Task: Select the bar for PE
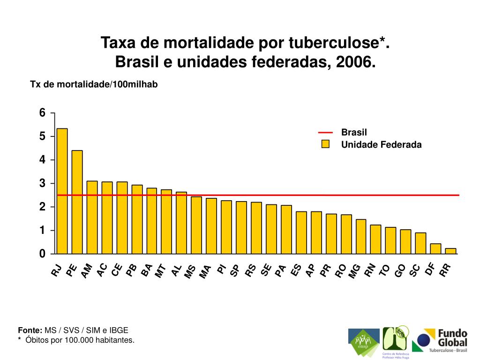pos(77,202)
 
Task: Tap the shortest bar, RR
pos(450,251)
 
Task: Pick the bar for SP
pos(241,228)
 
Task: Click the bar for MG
pos(361,237)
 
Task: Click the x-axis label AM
pos(87,271)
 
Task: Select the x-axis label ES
pos(296,270)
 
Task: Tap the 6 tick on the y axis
pos(43,113)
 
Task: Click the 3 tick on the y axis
pos(43,183)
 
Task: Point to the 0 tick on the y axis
pos(43,254)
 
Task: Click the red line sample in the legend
pos(325,133)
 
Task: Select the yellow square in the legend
pos(325,144)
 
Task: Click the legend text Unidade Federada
pos(381,145)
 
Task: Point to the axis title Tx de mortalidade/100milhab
pos(94,84)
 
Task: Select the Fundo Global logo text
pos(452,337)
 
